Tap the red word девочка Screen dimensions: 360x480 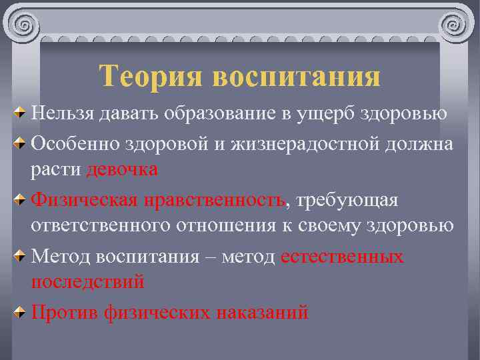click(122, 169)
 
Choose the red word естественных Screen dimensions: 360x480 click(342, 256)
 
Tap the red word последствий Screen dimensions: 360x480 click(87, 282)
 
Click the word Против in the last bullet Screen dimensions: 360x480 click(65, 312)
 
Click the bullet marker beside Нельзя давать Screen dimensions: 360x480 click(20, 111)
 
